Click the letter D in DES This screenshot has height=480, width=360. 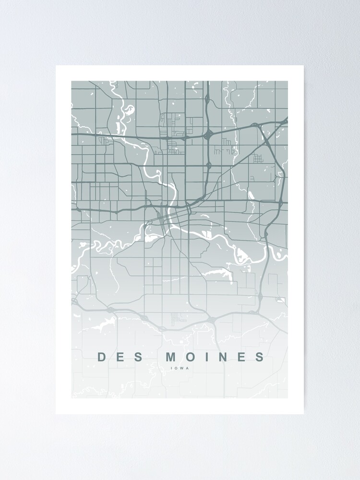pos(101,357)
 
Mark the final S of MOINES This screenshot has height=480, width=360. pos(259,357)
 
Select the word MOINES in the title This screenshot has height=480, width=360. pos(216,357)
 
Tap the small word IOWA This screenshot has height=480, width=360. pos(180,369)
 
